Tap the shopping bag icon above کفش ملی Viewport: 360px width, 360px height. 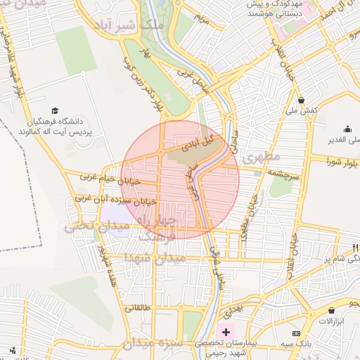click(301, 99)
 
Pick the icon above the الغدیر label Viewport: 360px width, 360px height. click(347, 129)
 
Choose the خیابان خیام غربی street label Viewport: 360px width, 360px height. click(110, 179)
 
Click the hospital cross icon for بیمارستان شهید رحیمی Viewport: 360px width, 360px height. click(225, 331)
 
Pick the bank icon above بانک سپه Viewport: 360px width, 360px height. click(297, 333)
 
